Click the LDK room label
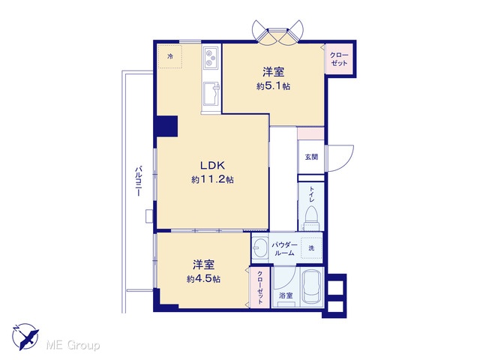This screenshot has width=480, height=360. (x=212, y=166)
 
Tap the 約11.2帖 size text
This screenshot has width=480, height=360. (x=212, y=179)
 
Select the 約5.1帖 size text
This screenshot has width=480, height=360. (x=273, y=86)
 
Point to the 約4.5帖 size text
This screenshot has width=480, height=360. (x=203, y=279)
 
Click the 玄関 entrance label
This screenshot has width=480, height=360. (x=311, y=157)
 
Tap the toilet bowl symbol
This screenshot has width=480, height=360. (x=311, y=216)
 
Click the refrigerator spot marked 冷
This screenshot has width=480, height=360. (x=170, y=57)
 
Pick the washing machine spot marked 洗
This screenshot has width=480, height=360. (x=311, y=248)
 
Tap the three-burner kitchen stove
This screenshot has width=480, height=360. (x=211, y=58)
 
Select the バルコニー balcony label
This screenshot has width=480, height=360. (x=139, y=181)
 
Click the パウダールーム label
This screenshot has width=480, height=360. (x=285, y=249)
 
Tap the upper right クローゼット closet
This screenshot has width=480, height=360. (x=339, y=59)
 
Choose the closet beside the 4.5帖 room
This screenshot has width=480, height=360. (x=260, y=287)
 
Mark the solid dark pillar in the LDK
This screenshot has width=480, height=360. (x=166, y=126)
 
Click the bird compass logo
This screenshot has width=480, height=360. (x=25, y=337)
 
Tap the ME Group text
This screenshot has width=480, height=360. (x=73, y=345)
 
